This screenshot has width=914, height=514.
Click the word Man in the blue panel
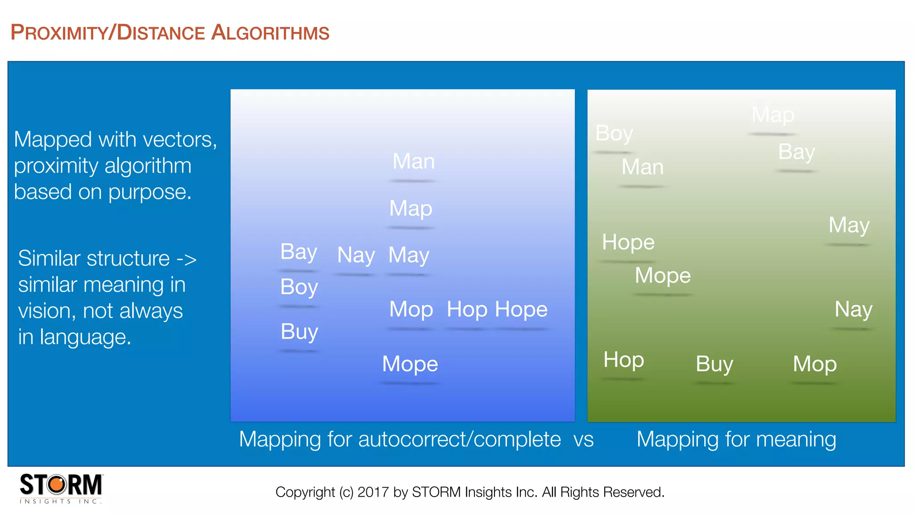point(413,161)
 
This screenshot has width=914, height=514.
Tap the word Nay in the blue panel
point(356,255)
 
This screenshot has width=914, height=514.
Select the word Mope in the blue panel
point(410,364)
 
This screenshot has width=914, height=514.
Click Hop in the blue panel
point(467,309)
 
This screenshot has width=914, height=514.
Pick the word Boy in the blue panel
point(299,287)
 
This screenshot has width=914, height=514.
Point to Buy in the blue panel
point(299,332)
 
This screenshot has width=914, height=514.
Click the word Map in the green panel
point(773,115)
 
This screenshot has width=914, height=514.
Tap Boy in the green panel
point(614,133)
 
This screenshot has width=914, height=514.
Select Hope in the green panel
point(628,242)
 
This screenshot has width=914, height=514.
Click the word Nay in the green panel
point(853,309)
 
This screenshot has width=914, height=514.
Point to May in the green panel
point(848,225)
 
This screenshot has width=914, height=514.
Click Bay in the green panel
point(796,152)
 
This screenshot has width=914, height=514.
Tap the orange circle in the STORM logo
point(57,485)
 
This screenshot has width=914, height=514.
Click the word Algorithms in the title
point(270,33)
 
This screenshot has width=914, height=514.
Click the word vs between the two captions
point(583,439)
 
